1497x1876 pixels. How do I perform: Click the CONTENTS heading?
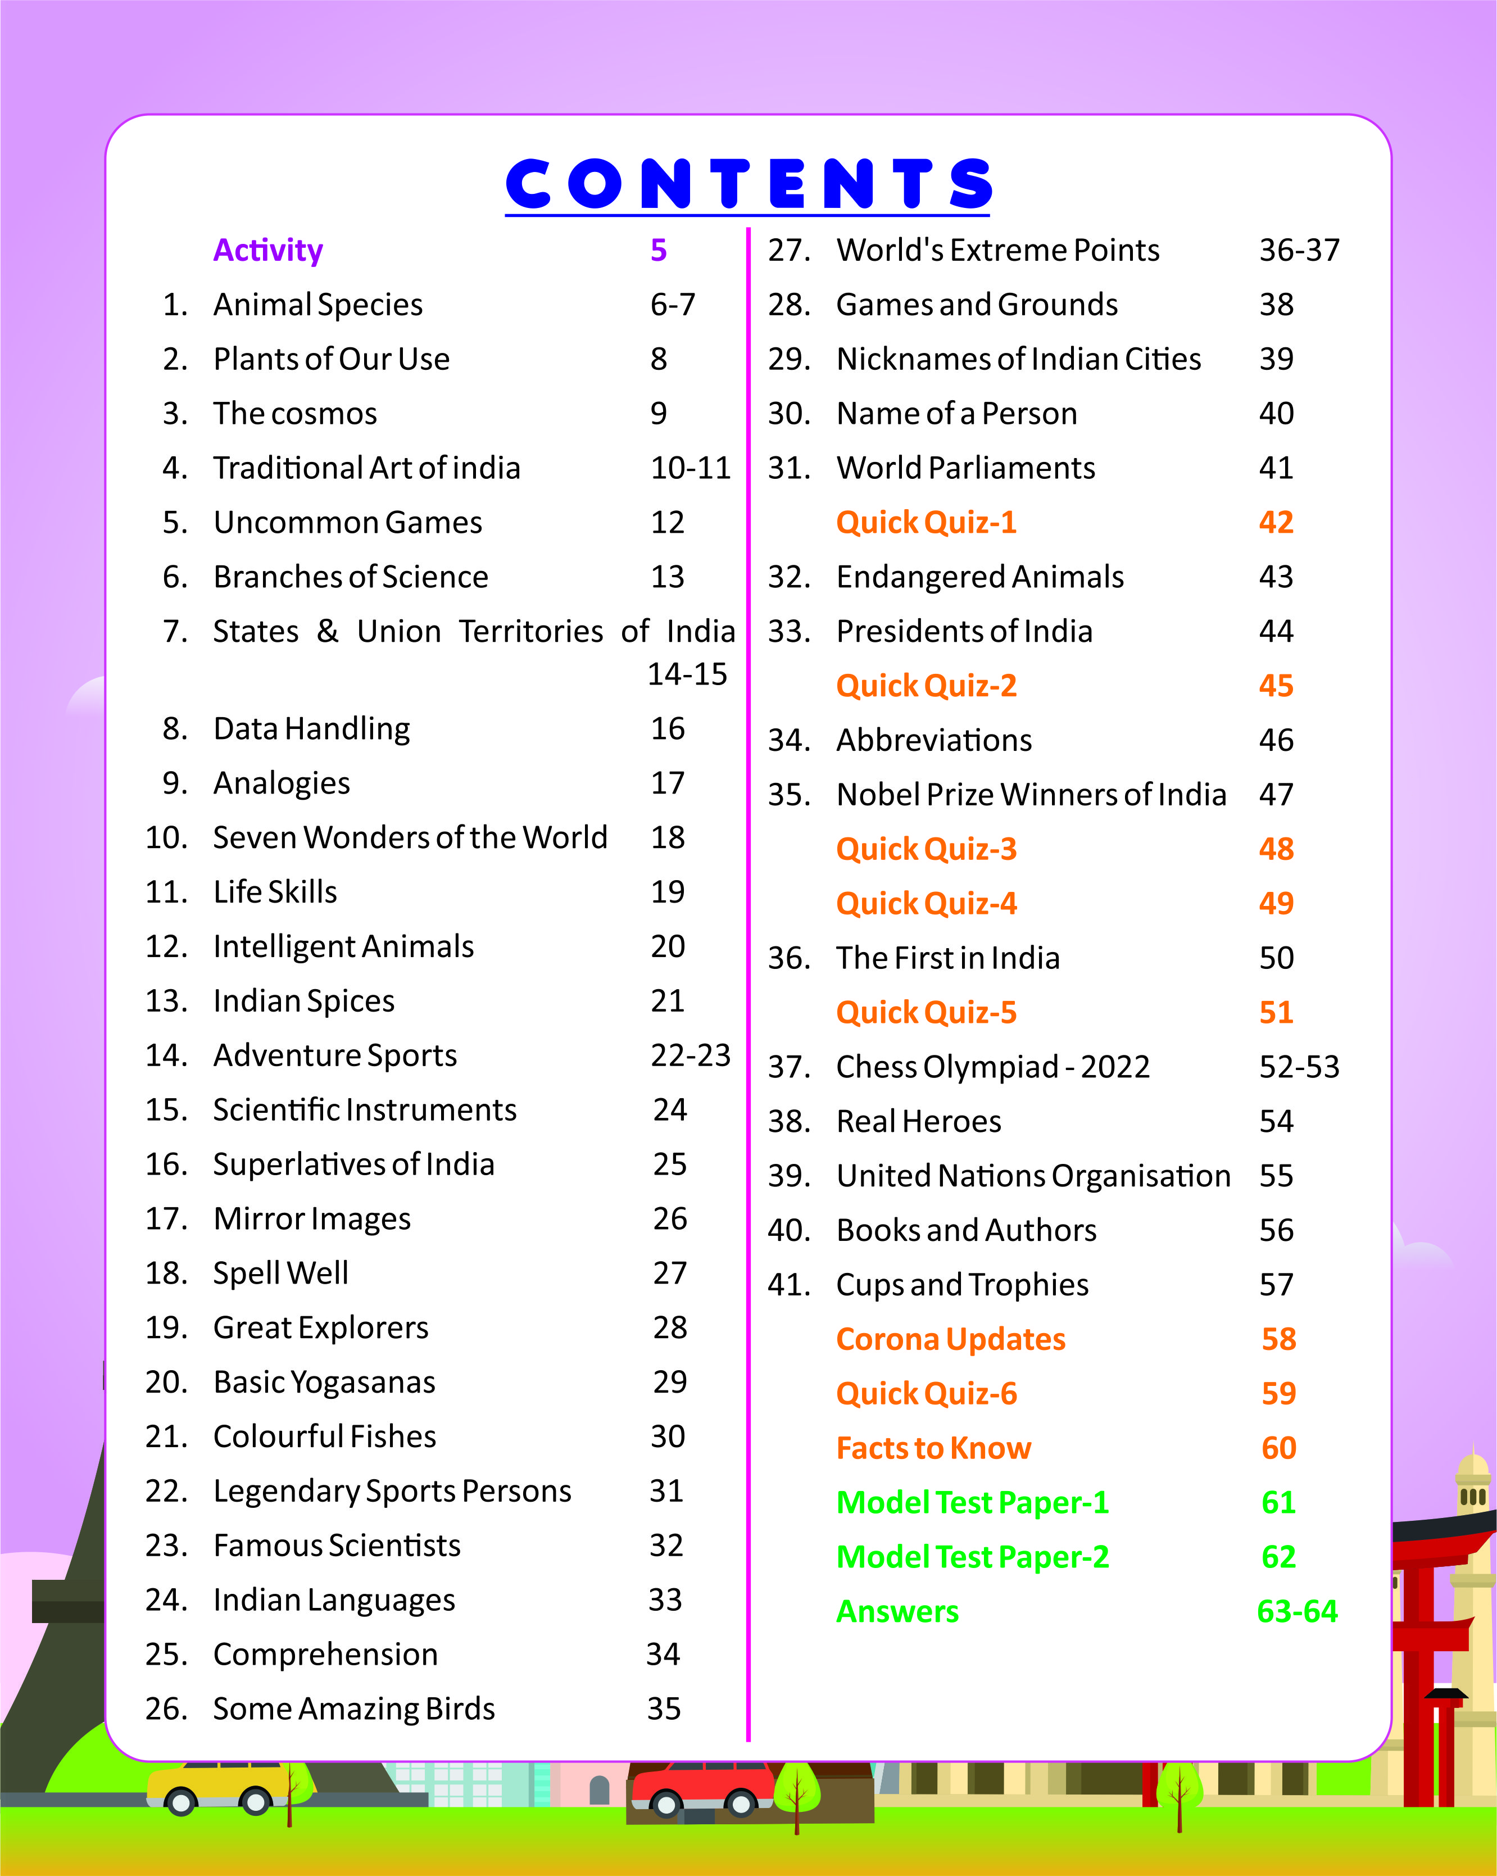[748, 184]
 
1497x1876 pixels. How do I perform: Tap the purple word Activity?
[268, 251]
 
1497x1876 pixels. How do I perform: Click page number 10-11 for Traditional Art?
[691, 468]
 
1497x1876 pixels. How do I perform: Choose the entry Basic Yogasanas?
[324, 1383]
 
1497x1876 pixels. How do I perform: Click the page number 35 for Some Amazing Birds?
[664, 1709]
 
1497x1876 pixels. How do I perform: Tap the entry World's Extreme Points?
[997, 251]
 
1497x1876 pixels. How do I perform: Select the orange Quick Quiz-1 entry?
[927, 523]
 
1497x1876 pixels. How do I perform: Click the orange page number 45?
[1276, 686]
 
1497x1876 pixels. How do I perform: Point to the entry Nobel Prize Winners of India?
[1031, 795]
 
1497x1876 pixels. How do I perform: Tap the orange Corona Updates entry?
[951, 1340]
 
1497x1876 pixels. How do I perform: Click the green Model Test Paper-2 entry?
[973, 1557]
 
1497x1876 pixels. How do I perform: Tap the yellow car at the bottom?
[217, 1788]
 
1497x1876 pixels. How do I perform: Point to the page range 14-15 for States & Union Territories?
[687, 674]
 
